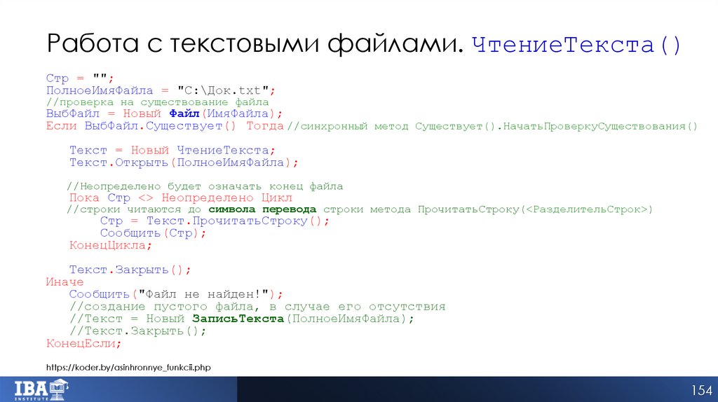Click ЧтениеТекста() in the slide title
[x=577, y=46]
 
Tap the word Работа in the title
[x=90, y=46]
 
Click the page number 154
[x=701, y=390]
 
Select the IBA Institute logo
[x=41, y=388]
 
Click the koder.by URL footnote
[x=128, y=367]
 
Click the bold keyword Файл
[x=184, y=114]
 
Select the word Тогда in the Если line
[x=265, y=126]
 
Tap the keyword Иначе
[x=65, y=282]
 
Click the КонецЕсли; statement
[x=83, y=343]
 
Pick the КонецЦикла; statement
[x=110, y=245]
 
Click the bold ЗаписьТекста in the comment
[x=237, y=319]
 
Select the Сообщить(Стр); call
[x=153, y=233]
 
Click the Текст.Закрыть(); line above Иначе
[x=130, y=270]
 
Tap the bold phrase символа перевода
[x=262, y=209]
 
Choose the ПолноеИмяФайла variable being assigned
[x=99, y=90]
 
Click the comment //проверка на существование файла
[x=158, y=102]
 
